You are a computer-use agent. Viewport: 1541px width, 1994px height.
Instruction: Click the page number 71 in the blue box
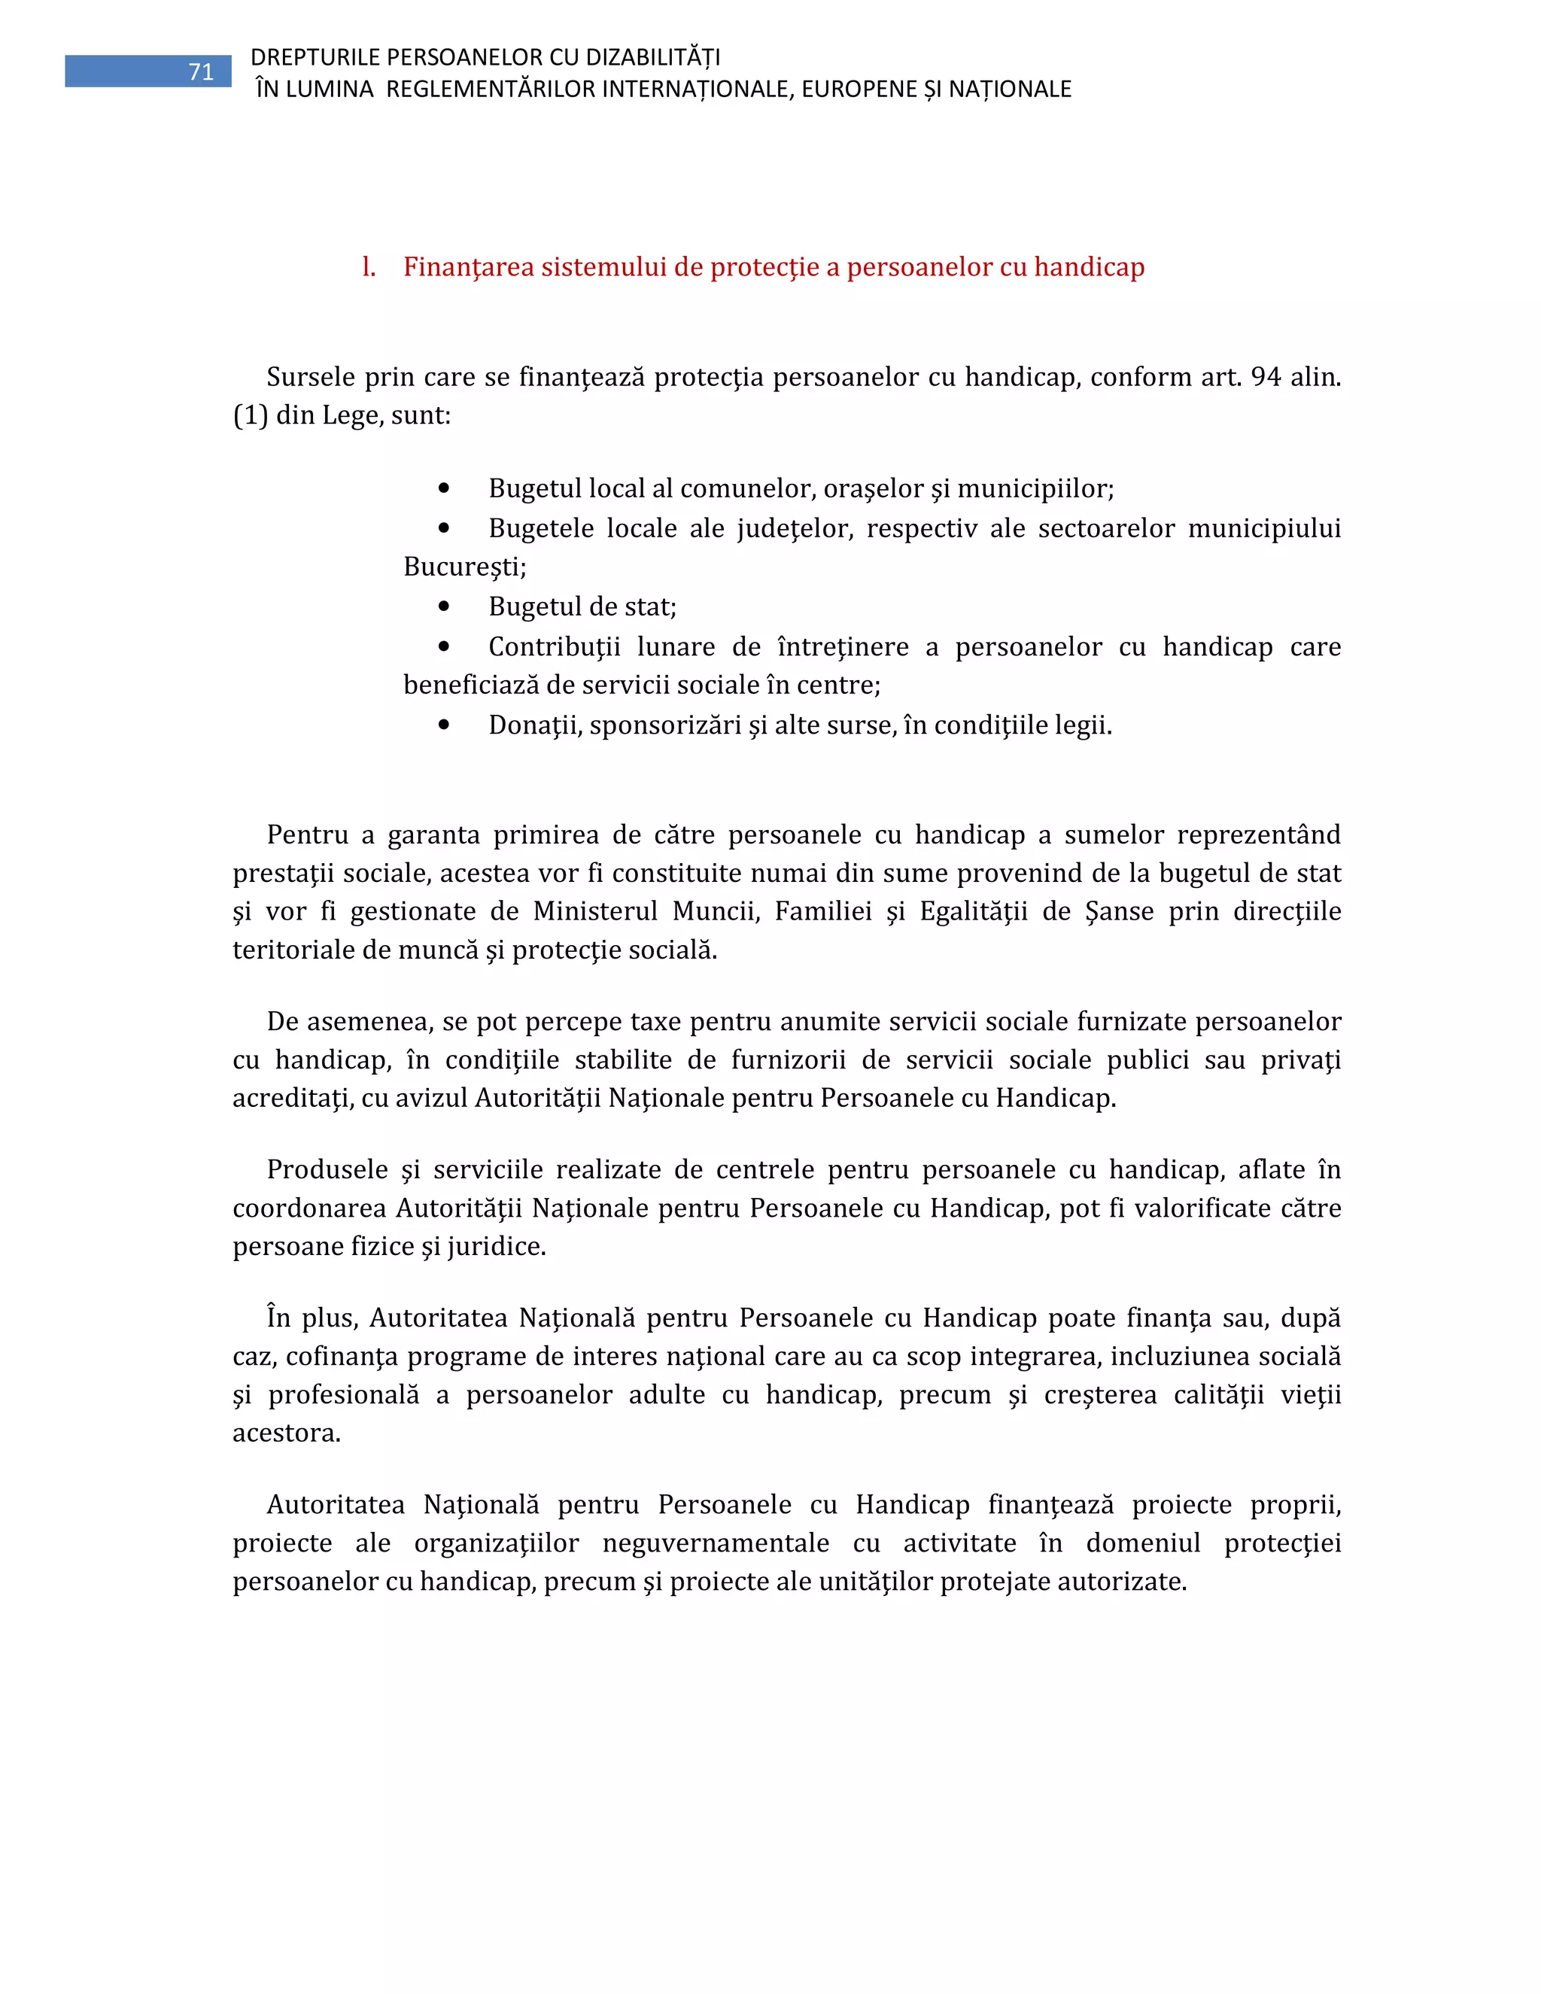point(201,72)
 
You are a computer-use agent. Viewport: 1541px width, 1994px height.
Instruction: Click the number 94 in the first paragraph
point(1266,376)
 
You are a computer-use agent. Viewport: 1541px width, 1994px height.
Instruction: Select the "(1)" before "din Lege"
point(250,415)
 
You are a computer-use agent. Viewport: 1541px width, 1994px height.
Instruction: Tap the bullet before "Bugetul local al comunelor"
point(445,488)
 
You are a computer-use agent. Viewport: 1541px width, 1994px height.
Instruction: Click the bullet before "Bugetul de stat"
point(445,606)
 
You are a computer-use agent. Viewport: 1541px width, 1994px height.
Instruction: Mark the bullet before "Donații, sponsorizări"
point(445,725)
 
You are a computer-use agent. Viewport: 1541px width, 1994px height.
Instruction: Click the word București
point(465,567)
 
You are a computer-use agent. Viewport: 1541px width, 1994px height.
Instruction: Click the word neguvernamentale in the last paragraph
point(716,1543)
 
